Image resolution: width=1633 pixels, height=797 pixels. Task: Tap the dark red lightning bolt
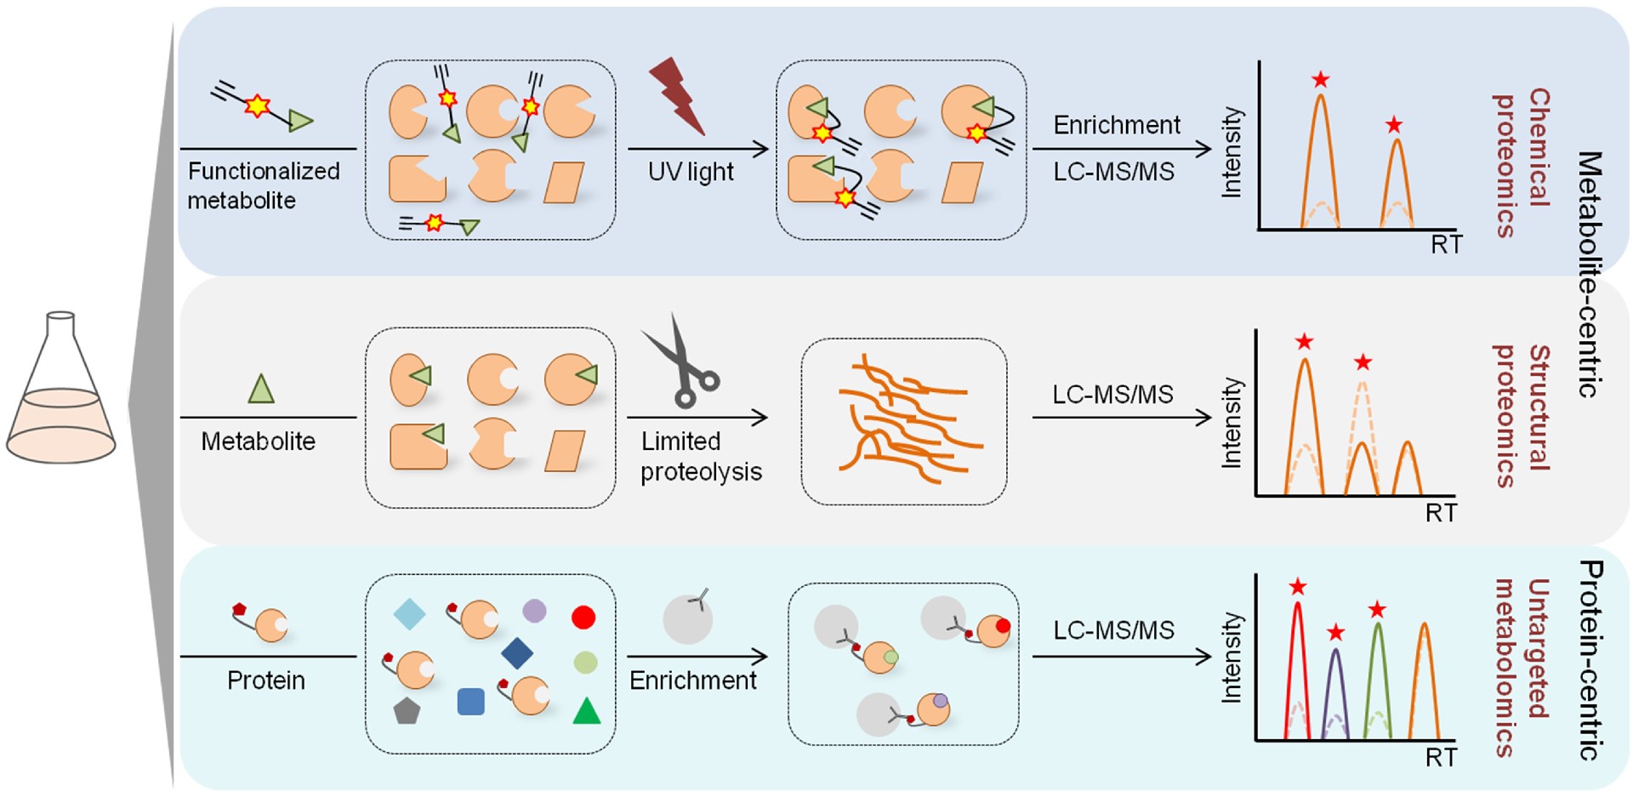(677, 96)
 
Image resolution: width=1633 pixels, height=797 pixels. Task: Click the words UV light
(690, 172)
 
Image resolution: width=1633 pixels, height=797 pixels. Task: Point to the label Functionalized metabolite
(263, 185)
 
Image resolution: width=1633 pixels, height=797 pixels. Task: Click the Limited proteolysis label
(700, 457)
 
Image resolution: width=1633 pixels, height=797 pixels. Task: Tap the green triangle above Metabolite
(261, 389)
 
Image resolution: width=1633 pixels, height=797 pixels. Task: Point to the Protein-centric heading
(1589, 659)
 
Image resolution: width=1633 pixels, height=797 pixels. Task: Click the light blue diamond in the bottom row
(409, 614)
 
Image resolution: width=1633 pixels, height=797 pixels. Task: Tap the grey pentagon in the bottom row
(407, 710)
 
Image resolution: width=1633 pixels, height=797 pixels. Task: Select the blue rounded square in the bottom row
(470, 702)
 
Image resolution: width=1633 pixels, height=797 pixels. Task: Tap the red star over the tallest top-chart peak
(1320, 80)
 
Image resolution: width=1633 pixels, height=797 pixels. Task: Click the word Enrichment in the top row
(1116, 125)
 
